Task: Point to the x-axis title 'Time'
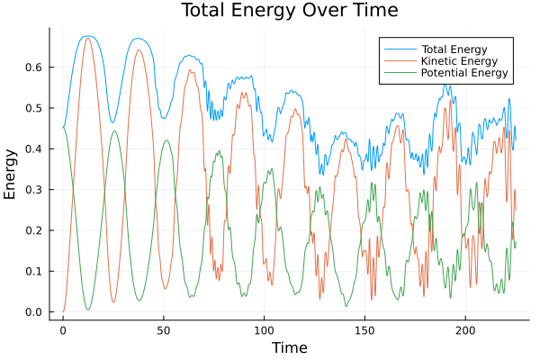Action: click(x=289, y=347)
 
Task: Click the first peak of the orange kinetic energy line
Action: click(x=87, y=39)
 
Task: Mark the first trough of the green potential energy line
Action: click(x=88, y=310)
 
